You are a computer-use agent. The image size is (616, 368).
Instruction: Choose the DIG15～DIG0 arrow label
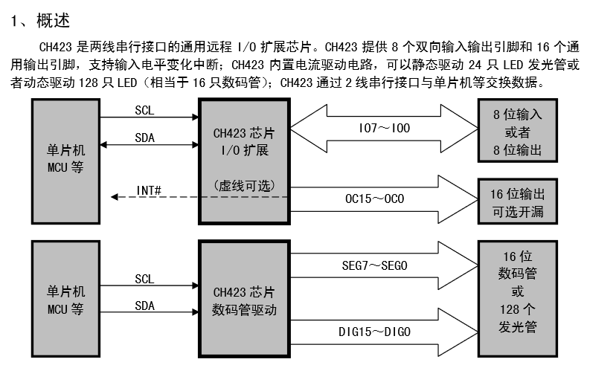click(x=374, y=331)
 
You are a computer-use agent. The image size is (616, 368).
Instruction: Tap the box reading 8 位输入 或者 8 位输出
click(x=517, y=133)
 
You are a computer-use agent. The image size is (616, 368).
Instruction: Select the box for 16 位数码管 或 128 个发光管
click(x=517, y=291)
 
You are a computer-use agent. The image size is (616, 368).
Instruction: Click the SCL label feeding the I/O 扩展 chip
click(x=144, y=111)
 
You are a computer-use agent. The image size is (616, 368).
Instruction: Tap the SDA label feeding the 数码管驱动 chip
click(x=144, y=306)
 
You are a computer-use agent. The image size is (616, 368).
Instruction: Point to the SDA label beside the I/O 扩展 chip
click(x=144, y=138)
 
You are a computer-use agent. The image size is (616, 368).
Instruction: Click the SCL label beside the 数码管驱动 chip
click(x=144, y=280)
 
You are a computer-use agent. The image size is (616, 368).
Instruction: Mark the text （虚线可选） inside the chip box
click(x=243, y=184)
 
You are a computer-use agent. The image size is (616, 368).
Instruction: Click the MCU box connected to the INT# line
click(x=65, y=161)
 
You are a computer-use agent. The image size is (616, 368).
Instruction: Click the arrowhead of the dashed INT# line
click(x=114, y=197)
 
